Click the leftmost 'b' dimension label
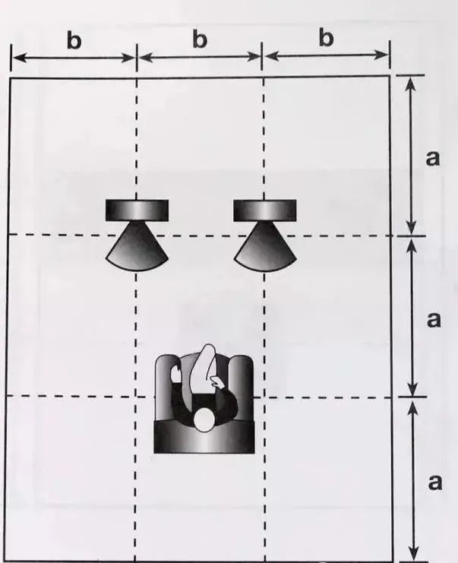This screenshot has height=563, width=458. coord(74,40)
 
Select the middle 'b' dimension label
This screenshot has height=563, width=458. coord(200,39)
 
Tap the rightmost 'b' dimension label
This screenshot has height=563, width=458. coord(326,38)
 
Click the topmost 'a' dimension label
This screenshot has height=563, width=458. coord(432,158)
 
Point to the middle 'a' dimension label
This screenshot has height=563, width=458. coord(434,319)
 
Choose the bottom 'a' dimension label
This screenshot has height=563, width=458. coord(435,482)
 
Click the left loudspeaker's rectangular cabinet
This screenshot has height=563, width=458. coord(137,210)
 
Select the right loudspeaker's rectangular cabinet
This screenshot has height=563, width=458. coord(265,210)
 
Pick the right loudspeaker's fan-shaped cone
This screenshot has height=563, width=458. coord(265,247)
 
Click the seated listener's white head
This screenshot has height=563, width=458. coord(204,419)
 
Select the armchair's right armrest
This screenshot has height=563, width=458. coord(242,387)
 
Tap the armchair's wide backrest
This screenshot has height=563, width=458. coord(204,437)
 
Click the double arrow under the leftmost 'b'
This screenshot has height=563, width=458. coord(74,58)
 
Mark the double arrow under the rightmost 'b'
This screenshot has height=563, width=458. coord(327,55)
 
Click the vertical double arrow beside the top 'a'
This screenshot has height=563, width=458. coord(411,156)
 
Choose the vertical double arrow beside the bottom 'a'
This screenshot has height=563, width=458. coord(413,479)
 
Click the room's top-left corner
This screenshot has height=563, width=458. coord(10,78)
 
